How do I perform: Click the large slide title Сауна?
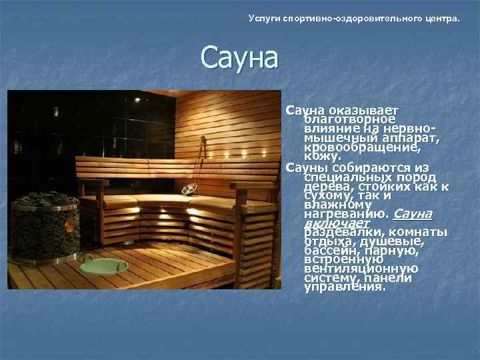pos(239,58)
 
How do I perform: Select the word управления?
pos(344,288)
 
